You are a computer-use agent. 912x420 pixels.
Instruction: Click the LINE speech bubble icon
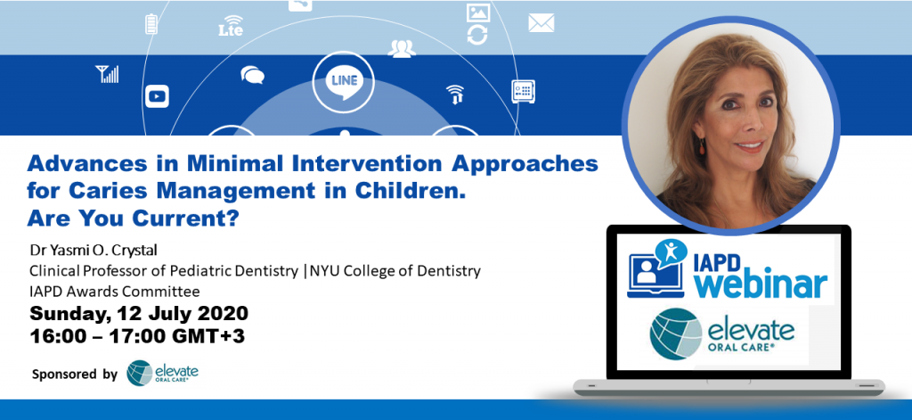pos(344,81)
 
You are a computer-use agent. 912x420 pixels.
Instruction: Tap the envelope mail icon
pos(541,23)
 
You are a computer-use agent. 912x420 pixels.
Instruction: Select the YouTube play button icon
pos(157,95)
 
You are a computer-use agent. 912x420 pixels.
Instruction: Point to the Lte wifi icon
pos(231,25)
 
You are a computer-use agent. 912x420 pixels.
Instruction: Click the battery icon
pos(151,24)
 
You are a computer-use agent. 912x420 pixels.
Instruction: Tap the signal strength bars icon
pos(107,74)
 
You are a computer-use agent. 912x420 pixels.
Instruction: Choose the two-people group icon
pos(402,49)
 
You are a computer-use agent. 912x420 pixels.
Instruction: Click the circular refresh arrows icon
pos(477,35)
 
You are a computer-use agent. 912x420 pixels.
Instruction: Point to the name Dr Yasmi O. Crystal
pos(94,251)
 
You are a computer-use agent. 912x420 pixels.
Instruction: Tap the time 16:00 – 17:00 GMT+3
pos(137,336)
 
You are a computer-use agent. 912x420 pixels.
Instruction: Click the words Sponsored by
pos(75,374)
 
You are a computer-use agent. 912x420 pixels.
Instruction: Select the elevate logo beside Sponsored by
pos(163,373)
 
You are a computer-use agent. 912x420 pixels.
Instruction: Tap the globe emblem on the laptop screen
pos(676,334)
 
